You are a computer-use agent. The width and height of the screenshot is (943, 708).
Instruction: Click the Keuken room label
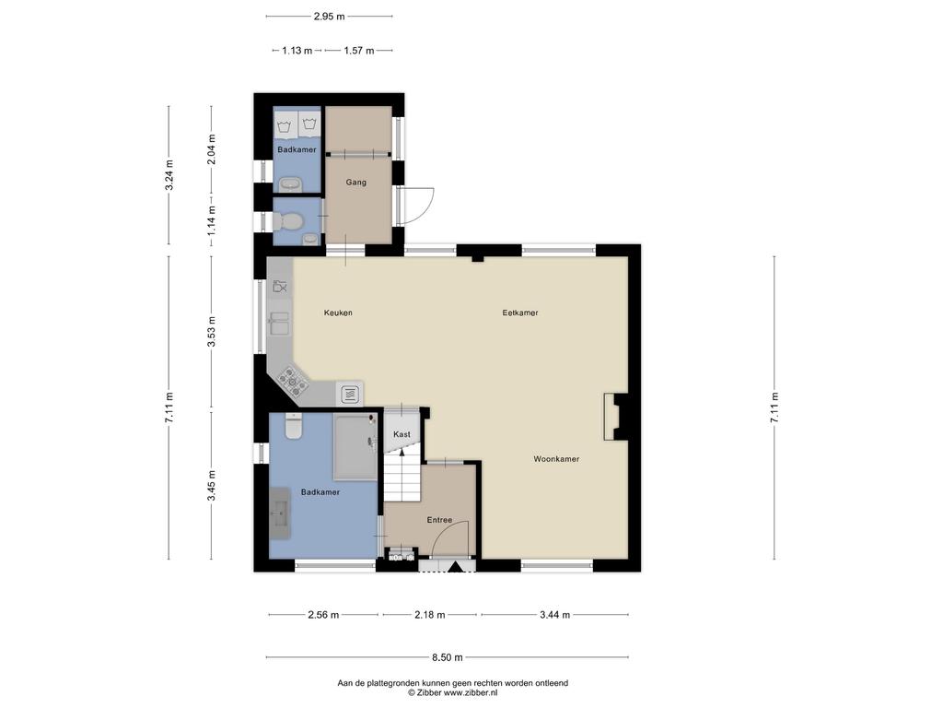pyautogui.click(x=338, y=313)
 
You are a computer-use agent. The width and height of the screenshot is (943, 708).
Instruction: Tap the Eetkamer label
pyautogui.click(x=520, y=313)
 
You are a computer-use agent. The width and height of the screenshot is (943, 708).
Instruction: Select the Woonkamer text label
pyautogui.click(x=556, y=459)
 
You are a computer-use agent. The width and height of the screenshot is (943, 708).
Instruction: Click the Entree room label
pyautogui.click(x=439, y=520)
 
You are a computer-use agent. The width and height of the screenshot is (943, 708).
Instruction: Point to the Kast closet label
pyautogui.click(x=402, y=434)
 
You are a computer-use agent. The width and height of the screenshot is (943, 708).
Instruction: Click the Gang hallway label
pyautogui.click(x=356, y=182)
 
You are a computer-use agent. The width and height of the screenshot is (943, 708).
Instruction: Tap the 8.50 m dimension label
pyautogui.click(x=448, y=657)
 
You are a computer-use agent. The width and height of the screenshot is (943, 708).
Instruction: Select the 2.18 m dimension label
pyautogui.click(x=430, y=615)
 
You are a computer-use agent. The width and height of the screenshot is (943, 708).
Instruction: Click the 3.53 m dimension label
pyautogui.click(x=211, y=332)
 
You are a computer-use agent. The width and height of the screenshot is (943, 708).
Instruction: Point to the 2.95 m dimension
pyautogui.click(x=330, y=17)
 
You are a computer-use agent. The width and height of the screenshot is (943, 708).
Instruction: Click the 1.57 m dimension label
pyautogui.click(x=359, y=51)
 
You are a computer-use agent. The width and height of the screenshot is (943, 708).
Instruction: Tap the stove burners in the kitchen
pyautogui.click(x=293, y=381)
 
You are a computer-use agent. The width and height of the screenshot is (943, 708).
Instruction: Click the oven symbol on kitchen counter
pyautogui.click(x=351, y=395)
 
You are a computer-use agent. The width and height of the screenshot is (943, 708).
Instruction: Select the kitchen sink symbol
pyautogui.click(x=279, y=324)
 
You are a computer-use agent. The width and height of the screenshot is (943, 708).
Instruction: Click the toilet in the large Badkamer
pyautogui.click(x=294, y=426)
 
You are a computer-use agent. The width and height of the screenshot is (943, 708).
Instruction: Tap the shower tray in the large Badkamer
pyautogui.click(x=355, y=447)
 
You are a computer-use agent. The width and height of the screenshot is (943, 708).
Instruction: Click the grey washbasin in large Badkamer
pyautogui.click(x=280, y=513)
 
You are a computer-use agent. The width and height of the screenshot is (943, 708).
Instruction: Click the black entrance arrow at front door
pyautogui.click(x=455, y=567)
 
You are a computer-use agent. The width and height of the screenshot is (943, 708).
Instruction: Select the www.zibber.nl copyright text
pyautogui.click(x=452, y=693)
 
